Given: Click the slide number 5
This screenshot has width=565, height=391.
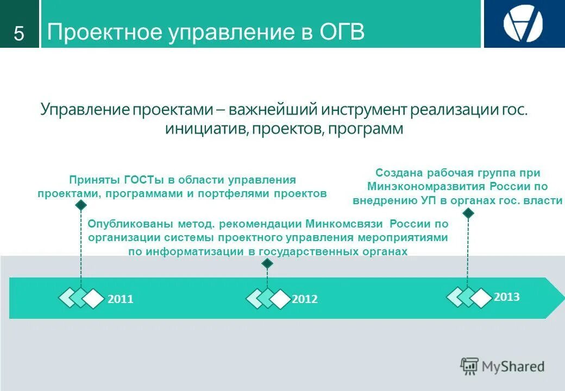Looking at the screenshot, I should (x=19, y=34).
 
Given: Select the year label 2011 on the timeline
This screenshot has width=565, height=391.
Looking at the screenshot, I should (x=120, y=299).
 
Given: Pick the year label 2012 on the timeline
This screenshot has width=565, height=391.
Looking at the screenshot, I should (x=304, y=299).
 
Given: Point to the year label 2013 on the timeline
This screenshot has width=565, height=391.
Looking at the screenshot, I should (x=506, y=297).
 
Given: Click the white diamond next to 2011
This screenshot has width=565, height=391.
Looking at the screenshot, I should (x=94, y=299).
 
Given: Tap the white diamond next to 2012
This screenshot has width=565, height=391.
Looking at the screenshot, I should (x=280, y=299).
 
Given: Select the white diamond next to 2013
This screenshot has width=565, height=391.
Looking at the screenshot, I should (x=480, y=298).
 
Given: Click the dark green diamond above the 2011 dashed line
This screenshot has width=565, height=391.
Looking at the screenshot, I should (x=81, y=205).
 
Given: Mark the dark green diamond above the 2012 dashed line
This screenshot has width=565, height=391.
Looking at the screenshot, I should (x=267, y=264).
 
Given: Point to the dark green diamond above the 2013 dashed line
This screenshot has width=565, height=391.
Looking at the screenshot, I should (x=468, y=213).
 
